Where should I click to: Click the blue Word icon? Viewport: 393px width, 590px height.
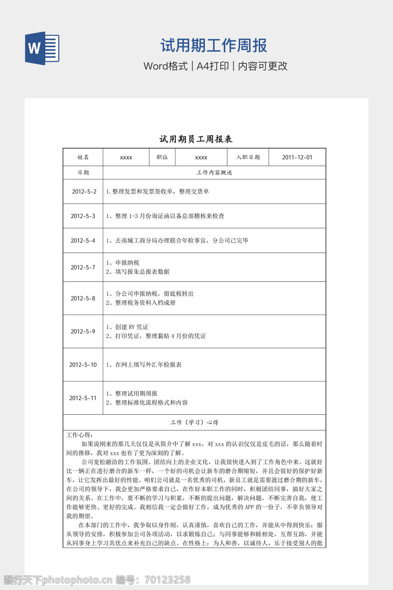click(42, 48)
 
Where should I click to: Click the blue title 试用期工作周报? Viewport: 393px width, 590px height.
click(214, 46)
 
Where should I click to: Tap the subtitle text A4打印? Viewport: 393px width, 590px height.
click(213, 66)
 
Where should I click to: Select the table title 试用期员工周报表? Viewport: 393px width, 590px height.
click(196, 139)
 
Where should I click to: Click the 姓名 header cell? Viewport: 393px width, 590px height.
click(83, 157)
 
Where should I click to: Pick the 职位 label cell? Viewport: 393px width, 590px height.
click(162, 157)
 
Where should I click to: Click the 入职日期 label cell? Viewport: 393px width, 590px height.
click(248, 157)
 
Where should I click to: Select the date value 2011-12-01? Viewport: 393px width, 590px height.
click(297, 157)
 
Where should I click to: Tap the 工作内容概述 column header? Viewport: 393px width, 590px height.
click(214, 172)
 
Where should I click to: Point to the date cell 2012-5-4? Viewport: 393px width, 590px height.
click(83, 240)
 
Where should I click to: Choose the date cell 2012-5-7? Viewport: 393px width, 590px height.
click(83, 267)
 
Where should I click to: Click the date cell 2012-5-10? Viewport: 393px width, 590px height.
click(83, 365)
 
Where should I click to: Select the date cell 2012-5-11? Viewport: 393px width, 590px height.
click(83, 398)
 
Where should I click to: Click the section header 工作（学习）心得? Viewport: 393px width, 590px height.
click(195, 422)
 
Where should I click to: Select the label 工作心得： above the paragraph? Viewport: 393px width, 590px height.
click(80, 435)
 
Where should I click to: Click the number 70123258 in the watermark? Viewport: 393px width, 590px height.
click(167, 580)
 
